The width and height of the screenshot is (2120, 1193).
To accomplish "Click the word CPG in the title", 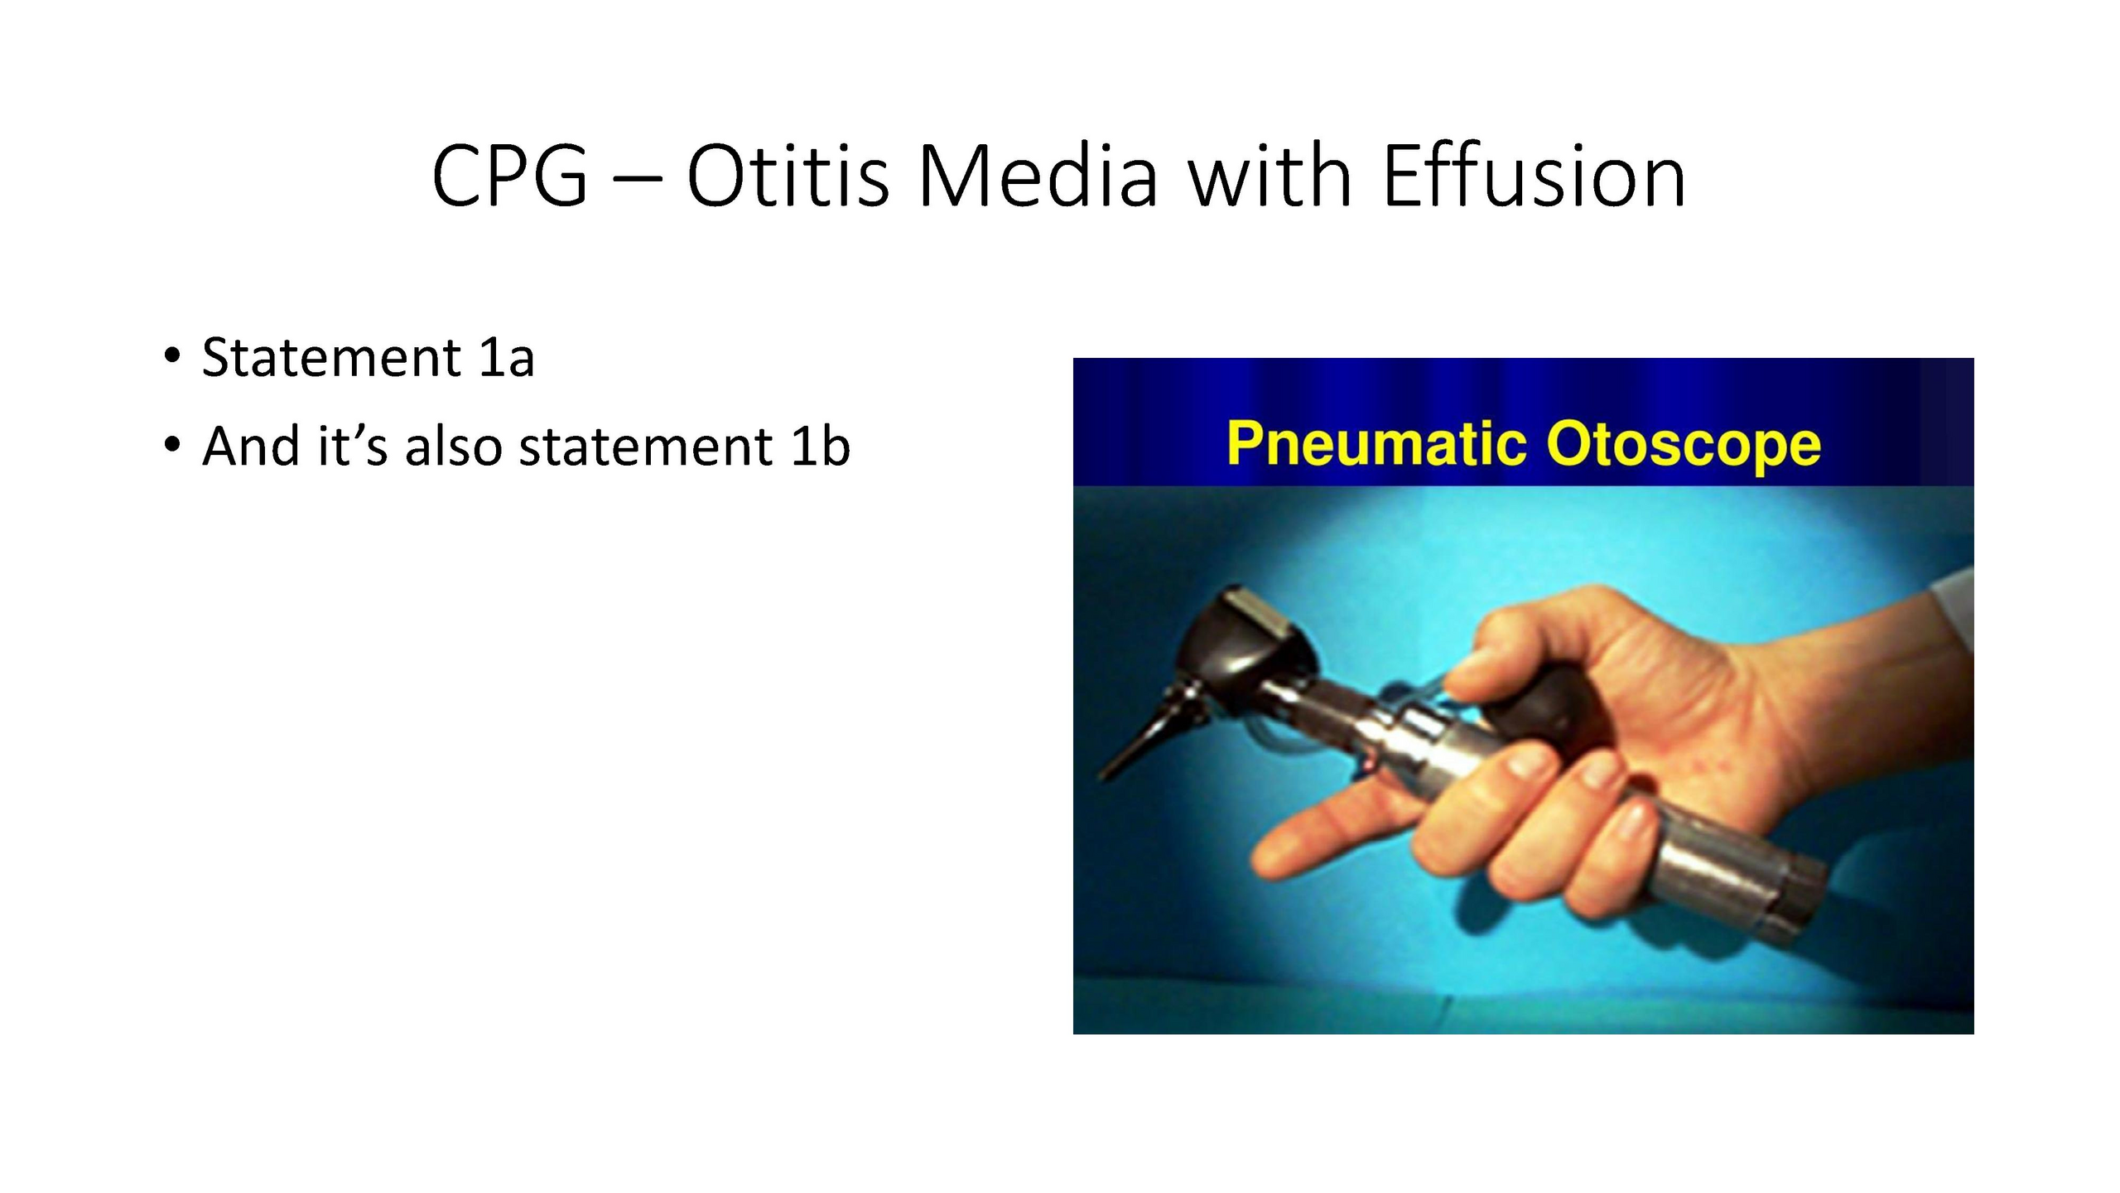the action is click(x=509, y=176).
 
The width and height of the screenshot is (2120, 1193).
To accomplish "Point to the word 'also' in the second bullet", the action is click(x=453, y=446).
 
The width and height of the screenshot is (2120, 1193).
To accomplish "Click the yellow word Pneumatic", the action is click(x=1376, y=444).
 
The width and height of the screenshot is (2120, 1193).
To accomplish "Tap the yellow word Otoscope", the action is click(x=1684, y=446).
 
